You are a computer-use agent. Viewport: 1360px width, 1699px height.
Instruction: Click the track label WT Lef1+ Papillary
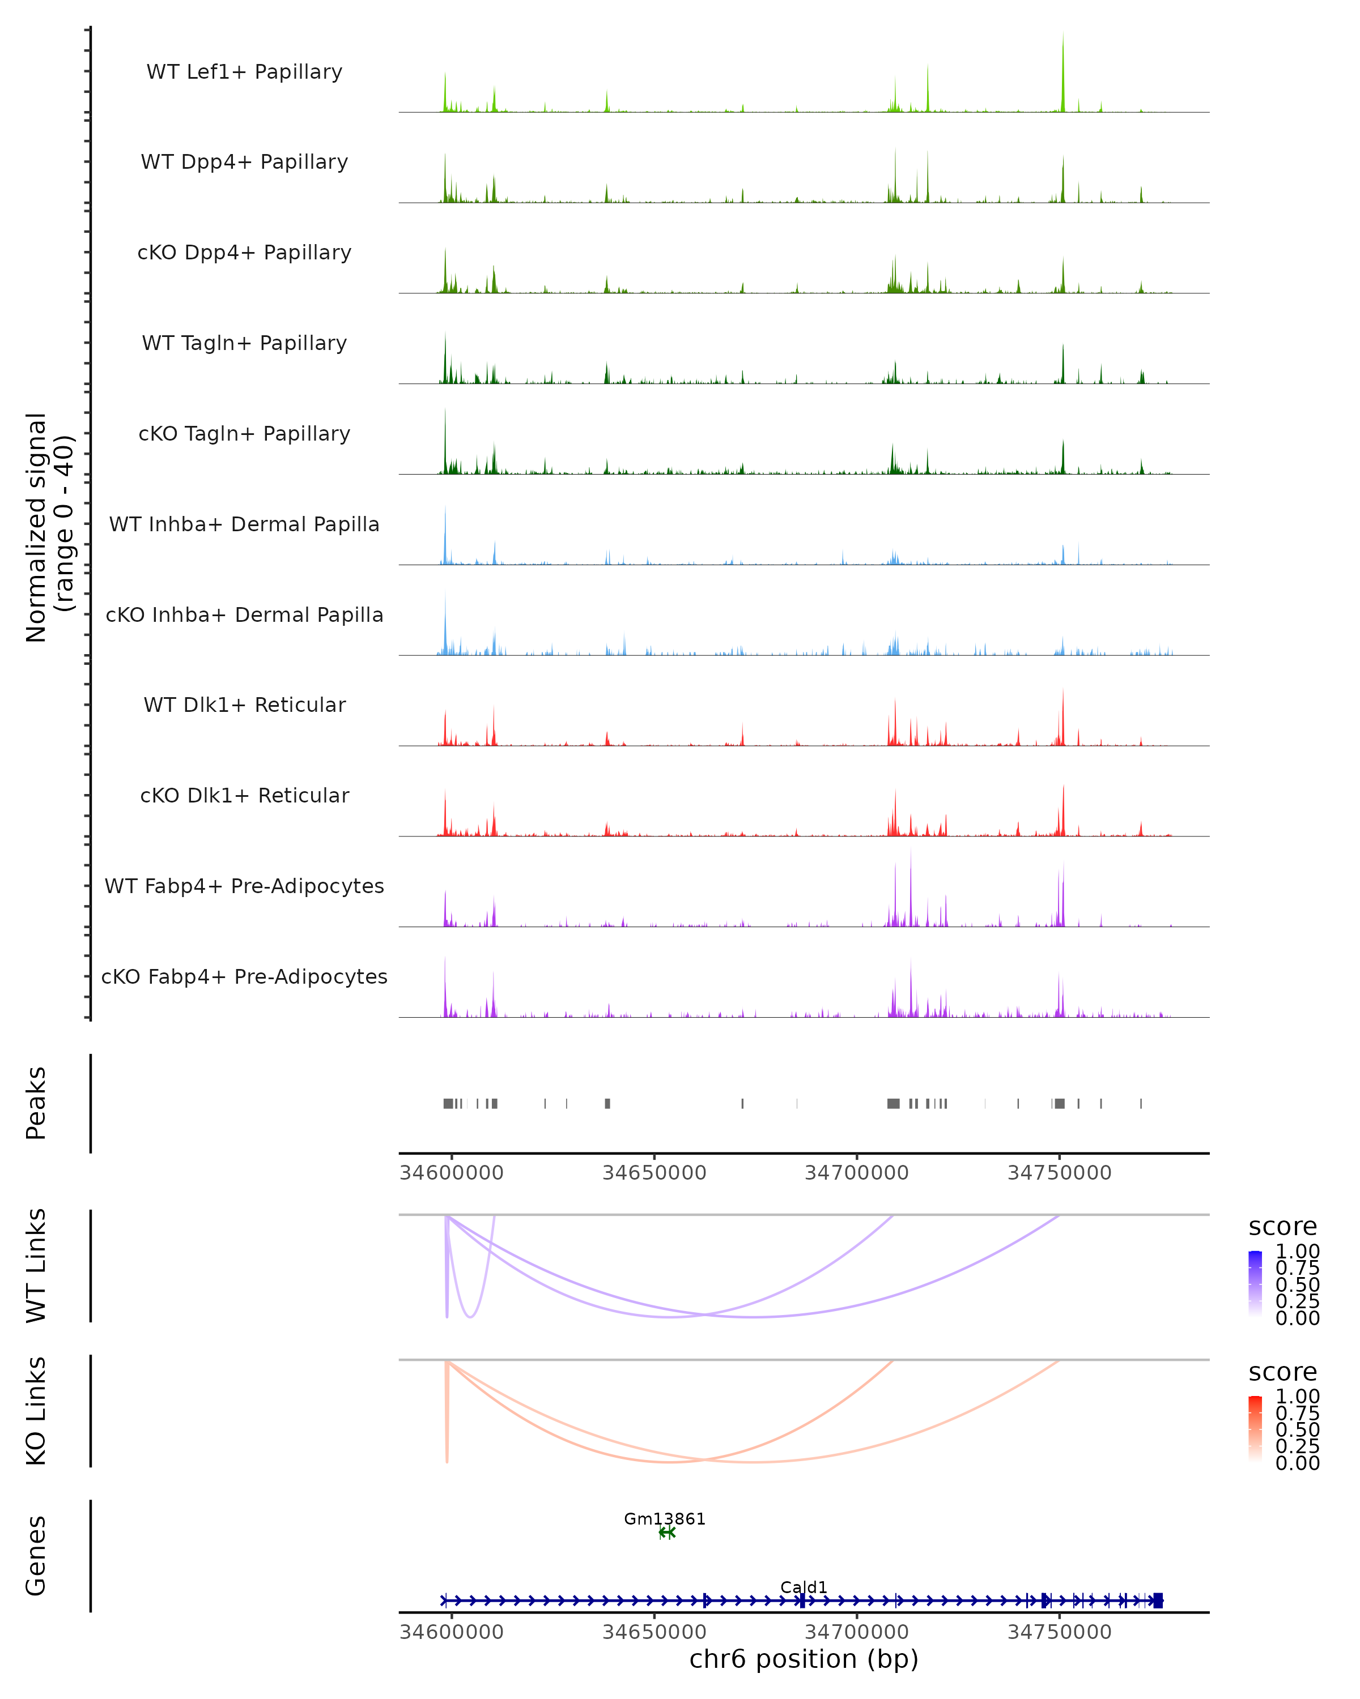coord(244,72)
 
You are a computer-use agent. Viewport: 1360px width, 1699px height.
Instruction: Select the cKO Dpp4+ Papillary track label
coord(244,252)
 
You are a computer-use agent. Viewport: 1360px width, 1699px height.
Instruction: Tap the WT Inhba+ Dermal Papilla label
coord(244,524)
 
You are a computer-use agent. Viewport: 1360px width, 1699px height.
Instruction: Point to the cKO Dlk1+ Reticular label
coord(244,795)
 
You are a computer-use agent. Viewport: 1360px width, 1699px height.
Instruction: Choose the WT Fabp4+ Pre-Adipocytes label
coord(244,886)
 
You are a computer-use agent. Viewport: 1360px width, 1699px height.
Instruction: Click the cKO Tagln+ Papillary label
coord(244,433)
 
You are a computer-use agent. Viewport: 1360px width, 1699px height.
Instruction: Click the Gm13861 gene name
coord(665,1518)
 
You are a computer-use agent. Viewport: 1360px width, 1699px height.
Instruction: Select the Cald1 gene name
coord(804,1587)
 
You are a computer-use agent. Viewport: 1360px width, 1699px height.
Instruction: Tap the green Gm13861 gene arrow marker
coord(667,1532)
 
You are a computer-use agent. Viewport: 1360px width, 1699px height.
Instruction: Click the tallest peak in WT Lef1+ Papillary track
coord(1062,47)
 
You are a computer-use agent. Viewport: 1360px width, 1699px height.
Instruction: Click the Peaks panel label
coord(36,1103)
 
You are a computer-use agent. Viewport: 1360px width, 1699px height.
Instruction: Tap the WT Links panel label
coord(36,1266)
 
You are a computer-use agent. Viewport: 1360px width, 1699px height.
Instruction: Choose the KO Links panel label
coord(36,1411)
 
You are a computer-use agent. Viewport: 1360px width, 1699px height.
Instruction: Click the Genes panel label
coord(36,1556)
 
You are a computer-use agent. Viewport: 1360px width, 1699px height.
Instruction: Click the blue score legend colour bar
coord(1255,1284)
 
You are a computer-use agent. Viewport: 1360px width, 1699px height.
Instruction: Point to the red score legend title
coord(1283,1372)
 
